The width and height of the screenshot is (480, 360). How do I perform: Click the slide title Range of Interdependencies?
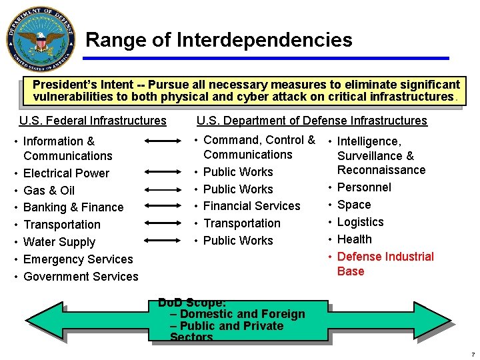tap(219, 40)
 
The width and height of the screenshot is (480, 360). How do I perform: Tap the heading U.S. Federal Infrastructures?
tap(93, 121)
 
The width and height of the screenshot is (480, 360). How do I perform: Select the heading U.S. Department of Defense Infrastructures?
tap(311, 121)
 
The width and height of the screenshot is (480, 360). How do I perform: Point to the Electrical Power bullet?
tap(66, 173)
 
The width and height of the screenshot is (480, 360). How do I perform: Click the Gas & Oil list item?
tap(49, 191)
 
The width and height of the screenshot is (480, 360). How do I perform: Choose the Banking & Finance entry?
tap(73, 207)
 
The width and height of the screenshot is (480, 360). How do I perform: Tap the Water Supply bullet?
tap(59, 242)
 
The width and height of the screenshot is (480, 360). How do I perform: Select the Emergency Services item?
tap(78, 259)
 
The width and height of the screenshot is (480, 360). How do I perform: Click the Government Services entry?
tap(81, 277)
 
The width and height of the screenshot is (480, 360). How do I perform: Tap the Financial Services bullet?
tap(251, 206)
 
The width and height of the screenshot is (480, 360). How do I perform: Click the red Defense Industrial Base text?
tap(385, 264)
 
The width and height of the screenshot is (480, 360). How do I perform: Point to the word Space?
tap(354, 205)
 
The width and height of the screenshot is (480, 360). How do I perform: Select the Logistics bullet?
tap(360, 222)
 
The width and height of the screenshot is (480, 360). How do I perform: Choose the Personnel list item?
tap(364, 187)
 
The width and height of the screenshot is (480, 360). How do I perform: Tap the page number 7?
tap(473, 354)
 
